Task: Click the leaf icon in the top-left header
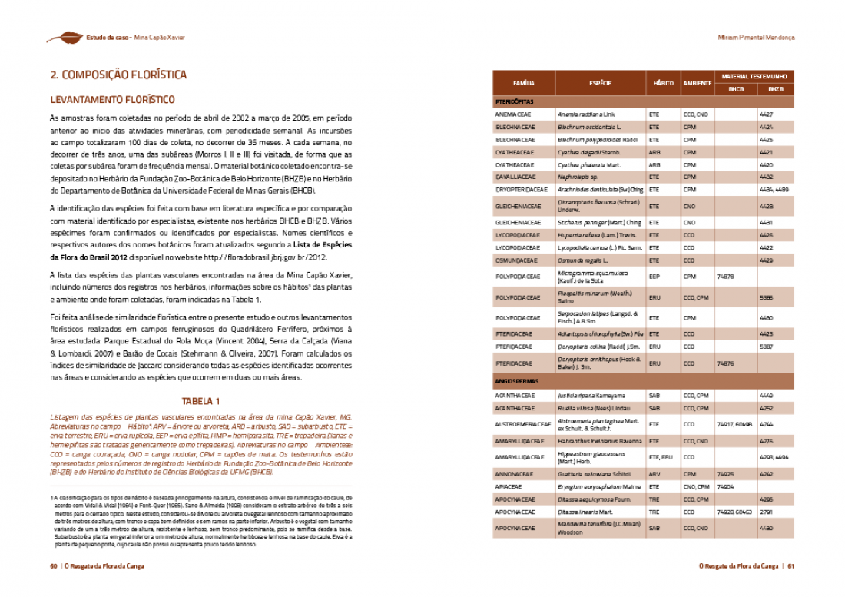coord(65,37)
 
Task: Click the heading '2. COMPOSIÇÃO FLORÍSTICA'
coord(118,75)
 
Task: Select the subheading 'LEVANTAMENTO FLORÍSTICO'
coord(112,100)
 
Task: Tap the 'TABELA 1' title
coord(200,401)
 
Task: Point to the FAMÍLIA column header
coord(523,82)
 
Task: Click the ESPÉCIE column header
coord(600,82)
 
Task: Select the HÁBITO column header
coord(663,82)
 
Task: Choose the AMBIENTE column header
coord(698,82)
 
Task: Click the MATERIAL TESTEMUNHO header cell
coord(754,77)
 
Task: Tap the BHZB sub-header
coord(776,89)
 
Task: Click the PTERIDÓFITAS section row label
coord(515,101)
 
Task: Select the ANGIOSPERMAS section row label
coord(517,381)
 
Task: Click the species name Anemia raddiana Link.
coord(587,114)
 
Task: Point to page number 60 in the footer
coord(54,566)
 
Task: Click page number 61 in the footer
coord(790,566)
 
